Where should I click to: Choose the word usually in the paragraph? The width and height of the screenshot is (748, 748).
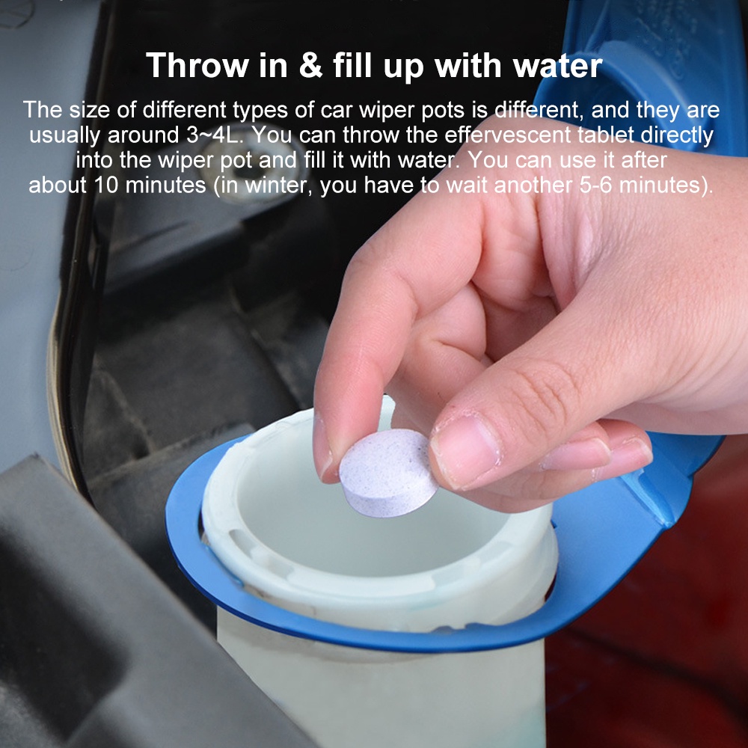[62, 136]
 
